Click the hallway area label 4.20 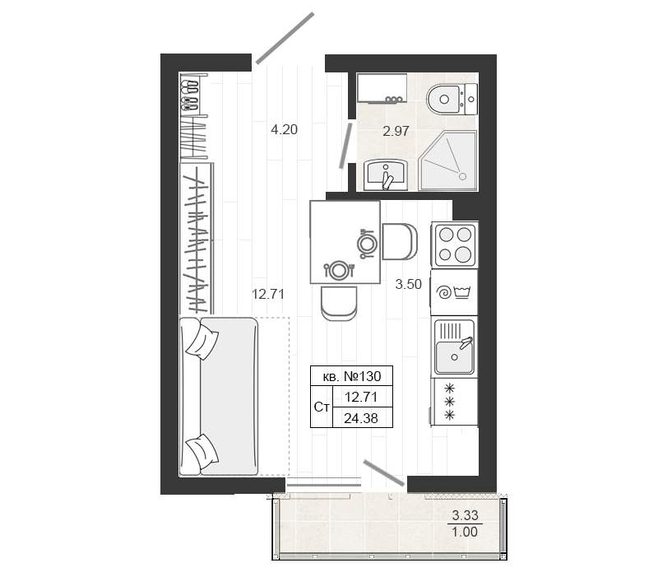point(284,130)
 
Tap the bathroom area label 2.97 point(396,132)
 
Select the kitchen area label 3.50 point(408,284)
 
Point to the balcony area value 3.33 point(465,514)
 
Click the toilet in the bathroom point(452,99)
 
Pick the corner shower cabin point(447,161)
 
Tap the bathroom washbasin point(385,174)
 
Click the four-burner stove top point(455,244)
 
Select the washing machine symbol point(454,292)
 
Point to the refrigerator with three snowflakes point(454,402)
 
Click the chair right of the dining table point(400,241)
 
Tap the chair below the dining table point(339,303)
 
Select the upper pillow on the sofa point(202,343)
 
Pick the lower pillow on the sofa point(202,451)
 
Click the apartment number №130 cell point(352,376)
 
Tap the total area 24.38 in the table point(361,418)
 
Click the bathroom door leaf point(345,146)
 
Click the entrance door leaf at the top point(285,38)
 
